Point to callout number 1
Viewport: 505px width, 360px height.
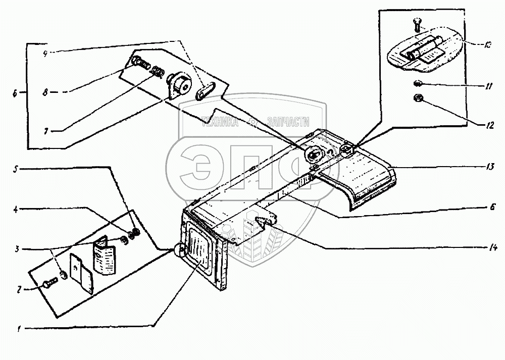click(20, 329)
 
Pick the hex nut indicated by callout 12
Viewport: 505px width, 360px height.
click(418, 98)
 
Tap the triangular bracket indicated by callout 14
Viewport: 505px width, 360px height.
click(265, 221)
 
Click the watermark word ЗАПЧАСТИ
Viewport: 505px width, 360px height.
click(286, 122)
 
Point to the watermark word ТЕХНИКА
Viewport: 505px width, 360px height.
click(220, 122)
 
